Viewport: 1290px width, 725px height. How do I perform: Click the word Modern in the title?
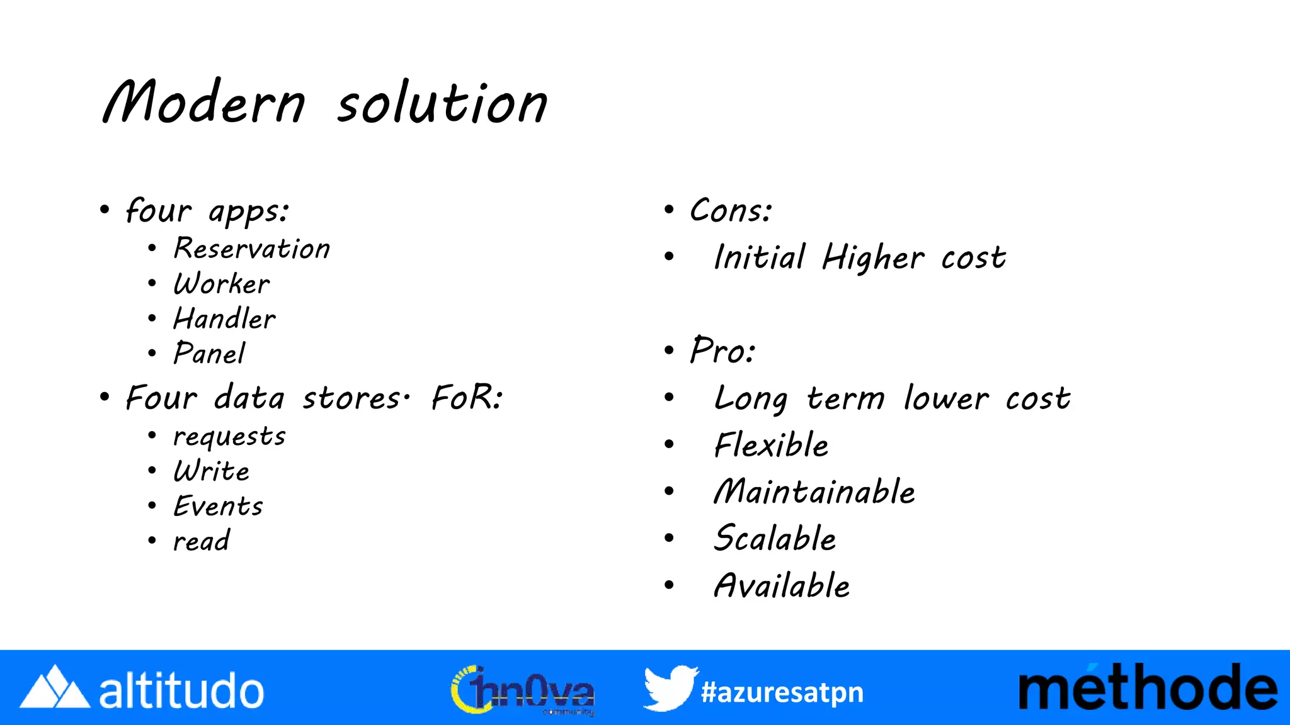tap(204, 102)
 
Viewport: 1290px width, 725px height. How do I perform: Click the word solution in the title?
tap(442, 103)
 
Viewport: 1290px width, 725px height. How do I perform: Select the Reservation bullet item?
tap(252, 249)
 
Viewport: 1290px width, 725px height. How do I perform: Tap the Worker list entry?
tap(222, 284)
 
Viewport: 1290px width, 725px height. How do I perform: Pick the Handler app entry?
tap(225, 318)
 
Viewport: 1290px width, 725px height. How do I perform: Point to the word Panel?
tap(209, 353)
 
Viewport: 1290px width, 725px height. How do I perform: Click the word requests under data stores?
tap(229, 437)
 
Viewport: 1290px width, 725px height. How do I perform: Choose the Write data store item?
tap(212, 471)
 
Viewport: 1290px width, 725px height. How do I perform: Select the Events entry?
tap(219, 506)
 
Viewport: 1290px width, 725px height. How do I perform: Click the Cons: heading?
tap(731, 210)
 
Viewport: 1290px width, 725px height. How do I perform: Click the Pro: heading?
tap(722, 351)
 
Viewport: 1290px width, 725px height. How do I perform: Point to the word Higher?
tap(873, 257)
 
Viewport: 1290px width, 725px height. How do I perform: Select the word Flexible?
tap(772, 445)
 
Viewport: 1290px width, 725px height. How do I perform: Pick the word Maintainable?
tap(814, 492)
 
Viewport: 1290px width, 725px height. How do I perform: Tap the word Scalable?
tap(775, 539)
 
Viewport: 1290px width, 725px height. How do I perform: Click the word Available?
tap(782, 586)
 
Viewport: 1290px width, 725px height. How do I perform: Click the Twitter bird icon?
tap(670, 688)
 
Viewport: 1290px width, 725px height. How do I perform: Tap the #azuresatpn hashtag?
tap(782, 692)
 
